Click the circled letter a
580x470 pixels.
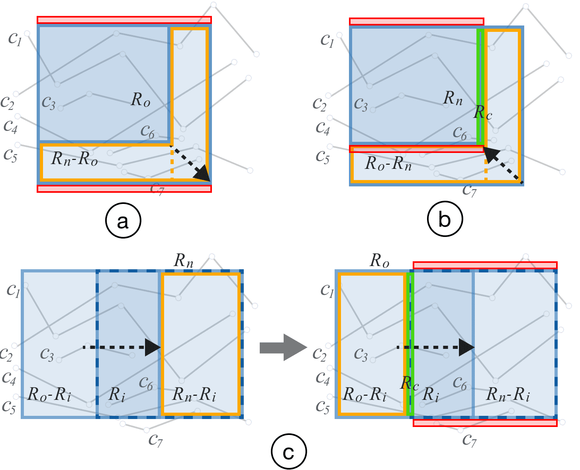tap(123, 221)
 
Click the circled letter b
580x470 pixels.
tap(445, 219)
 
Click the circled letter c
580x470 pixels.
tap(288, 452)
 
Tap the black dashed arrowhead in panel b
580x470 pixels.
tap(490, 154)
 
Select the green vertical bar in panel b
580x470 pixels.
tap(481, 87)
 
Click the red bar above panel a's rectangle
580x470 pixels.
tap(124, 20)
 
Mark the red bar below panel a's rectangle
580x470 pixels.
tap(124, 189)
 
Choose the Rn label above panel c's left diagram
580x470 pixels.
tap(184, 261)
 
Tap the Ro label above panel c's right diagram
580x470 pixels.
tap(380, 261)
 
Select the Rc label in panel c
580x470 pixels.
tap(410, 383)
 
